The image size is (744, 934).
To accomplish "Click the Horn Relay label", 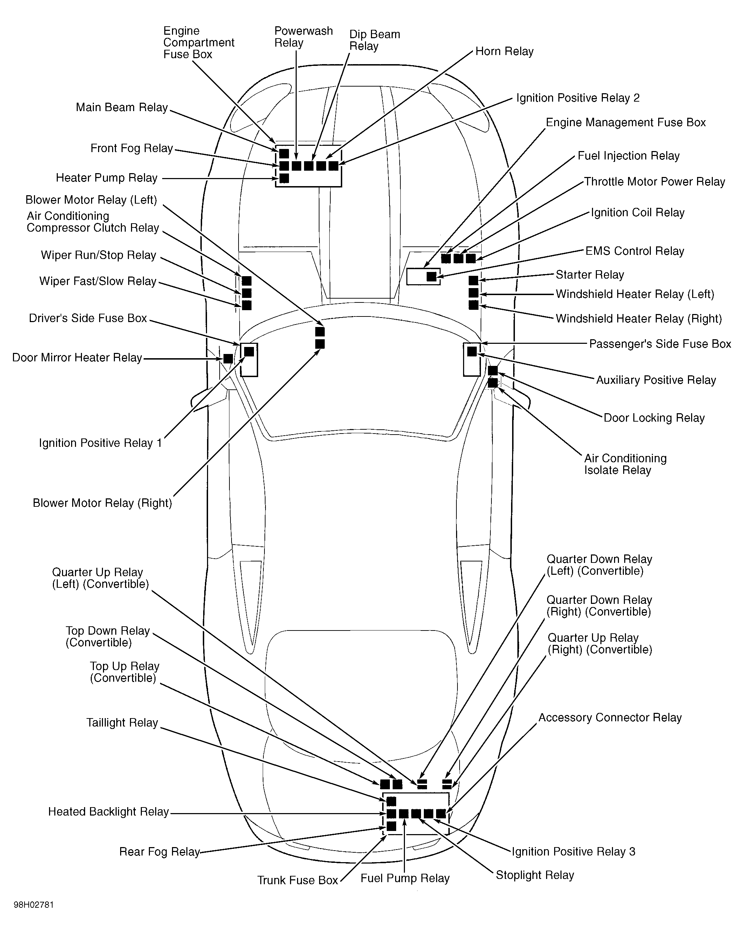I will click(x=504, y=51).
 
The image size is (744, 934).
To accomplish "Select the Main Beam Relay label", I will click(x=122, y=108).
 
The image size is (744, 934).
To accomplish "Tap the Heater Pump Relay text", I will click(x=106, y=178).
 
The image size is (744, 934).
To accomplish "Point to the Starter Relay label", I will click(x=590, y=275).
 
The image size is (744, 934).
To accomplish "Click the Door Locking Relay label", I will click(x=654, y=418).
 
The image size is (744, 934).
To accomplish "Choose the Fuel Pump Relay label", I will click(x=405, y=879).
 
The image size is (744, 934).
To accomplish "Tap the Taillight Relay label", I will click(x=122, y=723).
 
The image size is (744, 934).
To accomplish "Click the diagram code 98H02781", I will click(x=34, y=905).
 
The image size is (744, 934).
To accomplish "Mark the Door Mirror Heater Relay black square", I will click(x=228, y=359).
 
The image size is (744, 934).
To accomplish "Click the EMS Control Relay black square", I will click(x=431, y=277).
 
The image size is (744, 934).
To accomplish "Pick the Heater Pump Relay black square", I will click(x=284, y=178).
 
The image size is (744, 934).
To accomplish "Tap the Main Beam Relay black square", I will click(x=284, y=154).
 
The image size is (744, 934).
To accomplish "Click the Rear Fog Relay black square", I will click(x=391, y=826).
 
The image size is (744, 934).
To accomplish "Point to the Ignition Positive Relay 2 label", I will click(x=578, y=98).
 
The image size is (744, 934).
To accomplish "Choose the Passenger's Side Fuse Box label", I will click(x=660, y=344).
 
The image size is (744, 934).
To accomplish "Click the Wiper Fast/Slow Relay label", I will click(x=98, y=281).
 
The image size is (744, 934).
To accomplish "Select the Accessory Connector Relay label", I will click(x=610, y=717).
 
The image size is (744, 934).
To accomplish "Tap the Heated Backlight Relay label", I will click(x=108, y=811).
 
